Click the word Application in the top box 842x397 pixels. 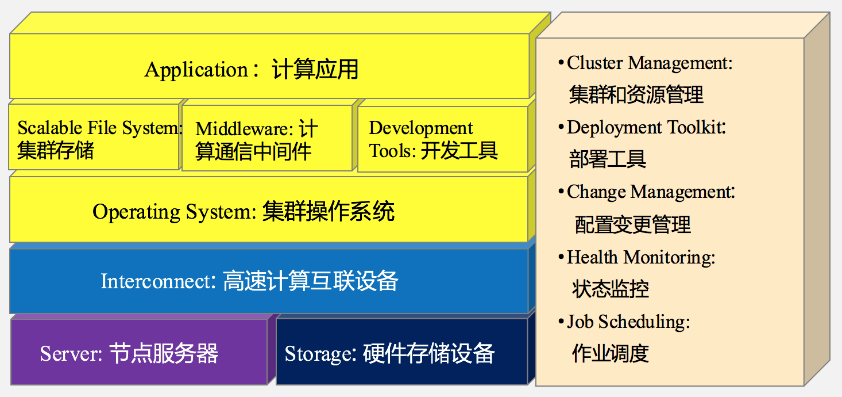click(x=196, y=70)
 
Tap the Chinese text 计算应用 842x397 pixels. click(x=315, y=70)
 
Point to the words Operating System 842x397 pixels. click(x=174, y=212)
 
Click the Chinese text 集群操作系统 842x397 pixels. click(x=329, y=212)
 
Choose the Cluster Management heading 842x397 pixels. click(x=650, y=63)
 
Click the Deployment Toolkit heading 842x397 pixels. click(x=646, y=127)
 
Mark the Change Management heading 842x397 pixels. click(x=651, y=192)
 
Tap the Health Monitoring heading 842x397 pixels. click(x=641, y=257)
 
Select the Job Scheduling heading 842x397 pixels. click(x=628, y=321)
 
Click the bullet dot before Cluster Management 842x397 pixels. click(x=561, y=62)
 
